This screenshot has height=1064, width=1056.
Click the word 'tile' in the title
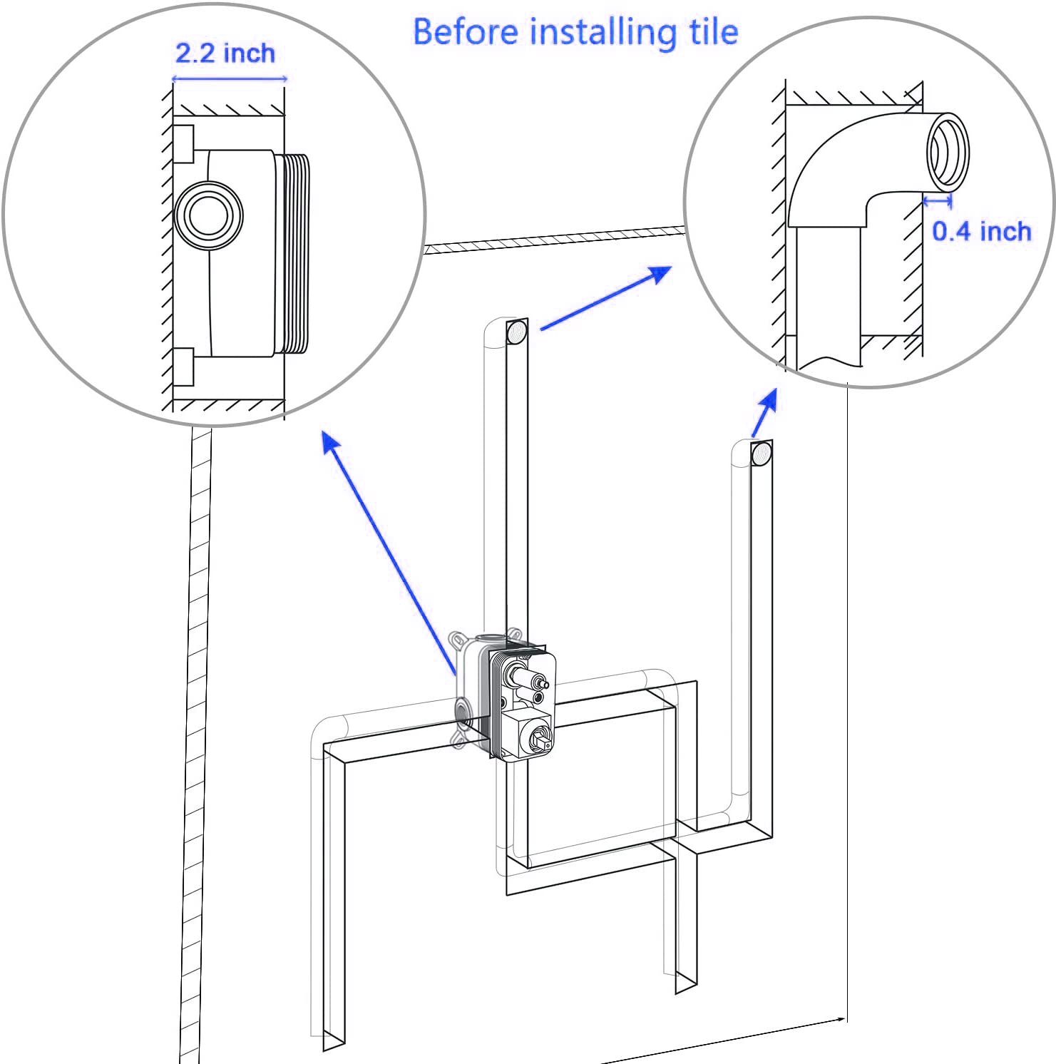pos(714,32)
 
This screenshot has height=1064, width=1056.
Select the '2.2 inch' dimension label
pos(225,53)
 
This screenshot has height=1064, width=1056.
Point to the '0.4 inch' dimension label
pos(982,231)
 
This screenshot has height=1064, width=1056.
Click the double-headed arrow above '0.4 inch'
pos(938,202)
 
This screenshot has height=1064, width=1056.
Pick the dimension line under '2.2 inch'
pos(230,78)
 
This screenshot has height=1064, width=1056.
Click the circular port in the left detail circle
pos(208,215)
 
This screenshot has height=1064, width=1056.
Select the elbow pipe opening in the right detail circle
pos(948,151)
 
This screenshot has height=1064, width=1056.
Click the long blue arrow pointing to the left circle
pos(390,553)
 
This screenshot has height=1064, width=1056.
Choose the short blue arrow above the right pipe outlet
pos(764,413)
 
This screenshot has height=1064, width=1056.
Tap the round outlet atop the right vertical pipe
pos(761,453)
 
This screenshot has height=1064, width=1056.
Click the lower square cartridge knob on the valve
pos(530,736)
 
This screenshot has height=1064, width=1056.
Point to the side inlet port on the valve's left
pos(463,714)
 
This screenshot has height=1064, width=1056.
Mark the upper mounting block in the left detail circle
pos(184,144)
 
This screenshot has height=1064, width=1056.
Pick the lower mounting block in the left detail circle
pos(184,367)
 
